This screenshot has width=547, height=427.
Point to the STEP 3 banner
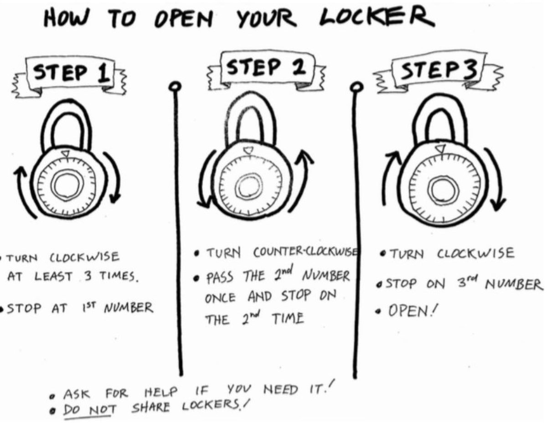tap(438, 72)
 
